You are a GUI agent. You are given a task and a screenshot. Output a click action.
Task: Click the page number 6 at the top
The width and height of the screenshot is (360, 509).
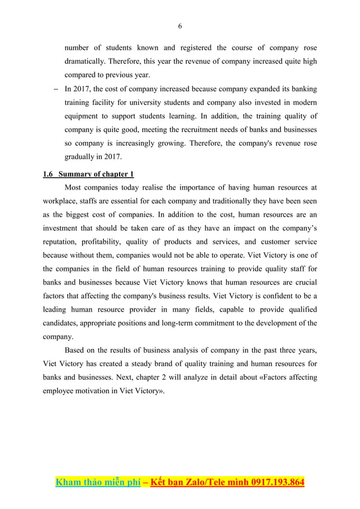[180, 26]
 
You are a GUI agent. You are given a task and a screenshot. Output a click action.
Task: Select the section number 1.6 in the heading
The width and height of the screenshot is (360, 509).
[49, 173]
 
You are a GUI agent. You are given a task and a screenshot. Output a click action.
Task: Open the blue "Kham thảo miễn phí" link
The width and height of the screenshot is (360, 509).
[96, 482]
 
